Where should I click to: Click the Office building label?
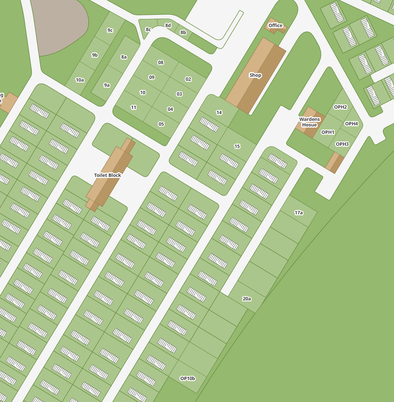click(275, 26)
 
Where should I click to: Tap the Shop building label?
click(255, 75)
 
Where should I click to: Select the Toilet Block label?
click(107, 175)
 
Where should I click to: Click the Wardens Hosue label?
click(310, 122)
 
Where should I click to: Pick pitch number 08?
click(161, 63)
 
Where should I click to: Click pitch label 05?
click(161, 124)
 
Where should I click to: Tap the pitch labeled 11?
click(134, 108)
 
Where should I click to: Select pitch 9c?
click(110, 30)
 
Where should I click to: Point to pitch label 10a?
click(80, 80)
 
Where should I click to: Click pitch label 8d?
click(168, 26)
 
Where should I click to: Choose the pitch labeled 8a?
click(124, 57)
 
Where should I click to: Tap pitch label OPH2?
click(340, 107)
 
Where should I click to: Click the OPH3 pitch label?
click(342, 144)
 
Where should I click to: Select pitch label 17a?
click(299, 213)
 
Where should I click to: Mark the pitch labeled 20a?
click(247, 299)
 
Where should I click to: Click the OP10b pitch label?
click(187, 379)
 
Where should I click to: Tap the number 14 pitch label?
click(219, 113)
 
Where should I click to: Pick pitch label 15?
click(237, 146)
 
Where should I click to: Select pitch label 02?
click(188, 79)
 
